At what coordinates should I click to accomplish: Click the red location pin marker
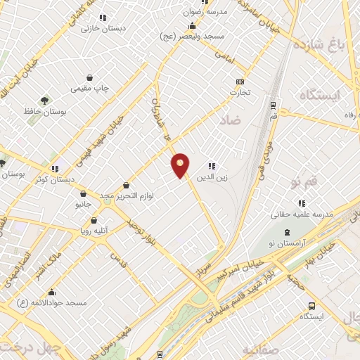[181, 165]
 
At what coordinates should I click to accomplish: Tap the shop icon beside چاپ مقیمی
[90, 77]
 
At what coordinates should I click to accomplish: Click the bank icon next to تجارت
[240, 82]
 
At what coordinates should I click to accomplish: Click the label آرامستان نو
[287, 243]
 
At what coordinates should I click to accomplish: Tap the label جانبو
[83, 204]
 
